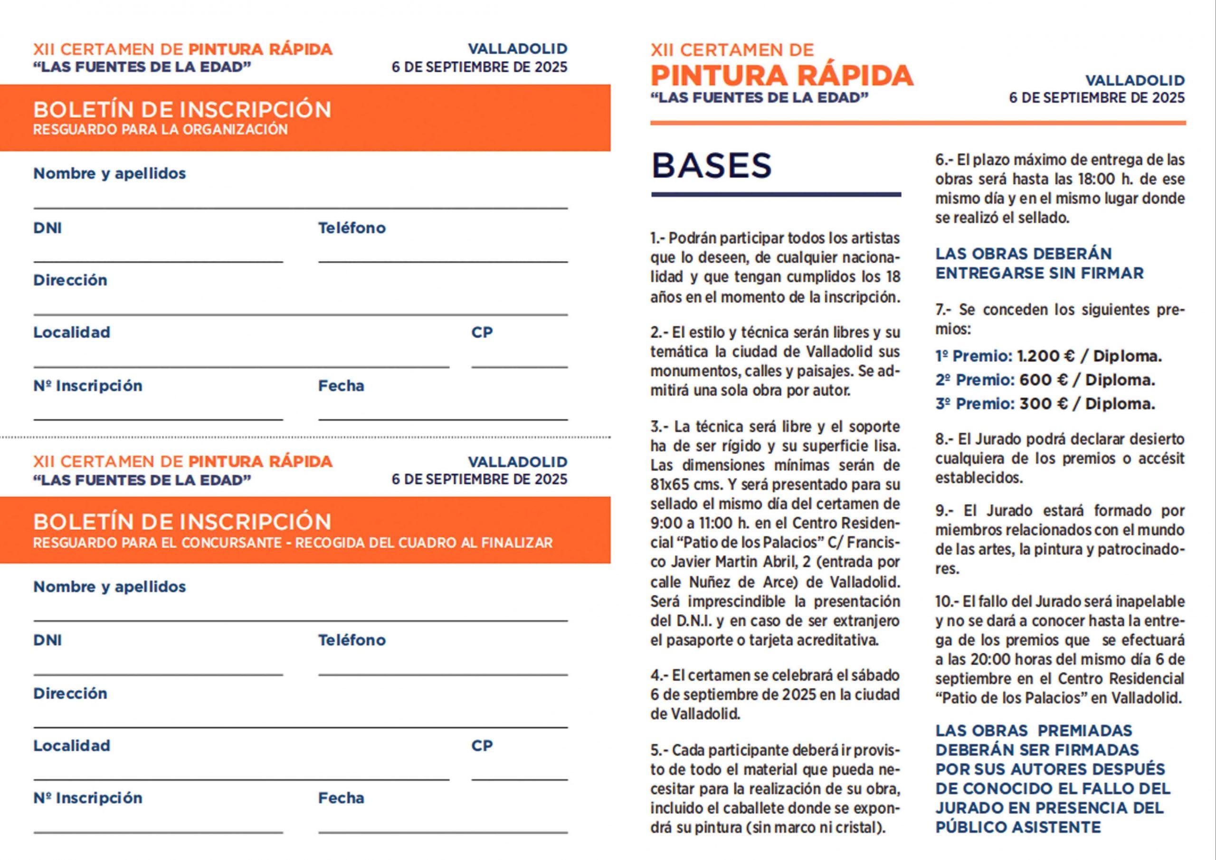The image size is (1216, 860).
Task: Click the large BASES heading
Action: point(711,165)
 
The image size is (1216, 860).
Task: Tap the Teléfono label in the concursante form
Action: point(351,640)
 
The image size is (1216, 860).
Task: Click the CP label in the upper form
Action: point(482,332)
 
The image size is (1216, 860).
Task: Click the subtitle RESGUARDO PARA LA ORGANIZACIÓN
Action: point(160,130)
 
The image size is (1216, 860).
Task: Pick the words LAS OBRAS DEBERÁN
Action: point(1023,254)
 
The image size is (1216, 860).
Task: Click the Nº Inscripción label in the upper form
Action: point(88,385)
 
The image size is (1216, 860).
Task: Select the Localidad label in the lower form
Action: point(72,745)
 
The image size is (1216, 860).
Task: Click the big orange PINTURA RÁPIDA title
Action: point(782,75)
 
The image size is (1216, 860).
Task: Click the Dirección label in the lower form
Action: point(70,693)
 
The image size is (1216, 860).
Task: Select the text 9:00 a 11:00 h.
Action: point(699,524)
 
